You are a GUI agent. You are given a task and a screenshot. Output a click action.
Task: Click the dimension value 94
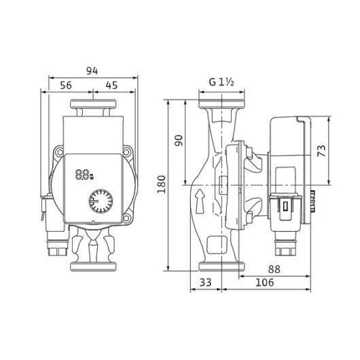point(92,71)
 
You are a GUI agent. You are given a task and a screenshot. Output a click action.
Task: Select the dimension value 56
point(66,85)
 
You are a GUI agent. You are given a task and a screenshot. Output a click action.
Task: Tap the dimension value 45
point(111,85)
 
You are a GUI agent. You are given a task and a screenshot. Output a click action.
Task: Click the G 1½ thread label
point(221,82)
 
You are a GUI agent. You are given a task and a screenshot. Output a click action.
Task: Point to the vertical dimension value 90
point(179,141)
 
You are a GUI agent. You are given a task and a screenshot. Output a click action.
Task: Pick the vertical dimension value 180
point(162,184)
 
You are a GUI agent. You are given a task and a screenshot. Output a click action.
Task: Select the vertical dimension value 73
point(321,151)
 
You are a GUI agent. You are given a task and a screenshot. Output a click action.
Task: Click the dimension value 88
point(274,269)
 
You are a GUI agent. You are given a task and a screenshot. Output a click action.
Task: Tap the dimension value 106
point(265,283)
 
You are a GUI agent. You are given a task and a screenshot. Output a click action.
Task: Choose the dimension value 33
point(206,283)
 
